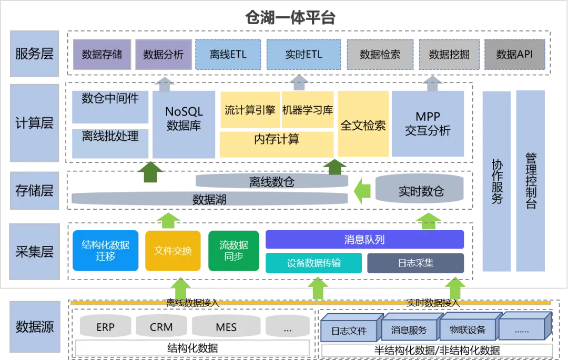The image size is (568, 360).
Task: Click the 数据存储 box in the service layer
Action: click(102, 55)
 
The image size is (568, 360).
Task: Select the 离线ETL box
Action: click(228, 55)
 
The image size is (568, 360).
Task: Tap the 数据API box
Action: click(514, 55)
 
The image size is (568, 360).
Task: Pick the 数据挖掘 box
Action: click(449, 55)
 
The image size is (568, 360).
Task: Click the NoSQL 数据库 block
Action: click(184, 119)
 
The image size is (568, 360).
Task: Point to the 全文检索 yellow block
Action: click(363, 125)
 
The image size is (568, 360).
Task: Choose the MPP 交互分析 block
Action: click(428, 124)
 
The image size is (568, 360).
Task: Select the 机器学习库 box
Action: click(308, 110)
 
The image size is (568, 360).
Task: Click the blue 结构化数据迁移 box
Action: click(105, 251)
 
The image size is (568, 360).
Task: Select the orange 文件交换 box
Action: click(173, 251)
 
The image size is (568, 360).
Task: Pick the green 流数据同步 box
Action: click(234, 251)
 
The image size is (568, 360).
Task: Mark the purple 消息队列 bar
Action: click(364, 240)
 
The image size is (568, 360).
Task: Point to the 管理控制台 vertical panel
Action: click(531, 181)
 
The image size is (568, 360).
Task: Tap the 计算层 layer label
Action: click(34, 123)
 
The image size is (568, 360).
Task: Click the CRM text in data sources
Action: click(161, 327)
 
